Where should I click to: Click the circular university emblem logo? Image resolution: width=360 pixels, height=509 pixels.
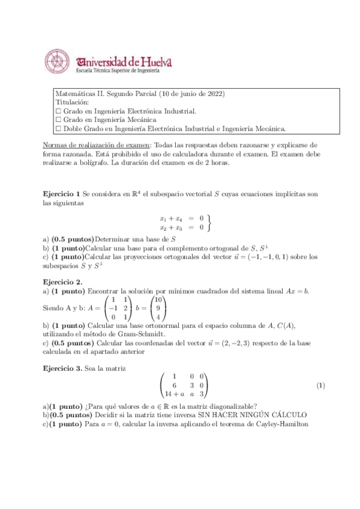click(58, 61)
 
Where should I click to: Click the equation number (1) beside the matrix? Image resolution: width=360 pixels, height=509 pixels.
click(320, 384)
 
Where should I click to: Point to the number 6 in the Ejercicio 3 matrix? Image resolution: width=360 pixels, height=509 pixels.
click(175, 385)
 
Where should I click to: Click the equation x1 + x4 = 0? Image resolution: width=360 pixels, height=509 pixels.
click(181, 218)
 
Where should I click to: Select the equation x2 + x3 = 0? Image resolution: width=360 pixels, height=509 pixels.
click(181, 227)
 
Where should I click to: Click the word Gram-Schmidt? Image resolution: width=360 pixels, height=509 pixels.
click(145, 333)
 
